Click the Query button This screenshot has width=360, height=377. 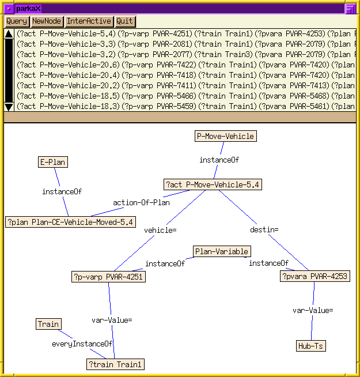17,21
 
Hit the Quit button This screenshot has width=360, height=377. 124,21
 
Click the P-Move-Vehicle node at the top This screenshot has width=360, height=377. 225,136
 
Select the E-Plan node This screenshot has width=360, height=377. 53,162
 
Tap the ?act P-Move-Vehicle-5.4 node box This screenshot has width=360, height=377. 213,184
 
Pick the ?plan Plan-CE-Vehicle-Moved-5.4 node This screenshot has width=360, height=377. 71,221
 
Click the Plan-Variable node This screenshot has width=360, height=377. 222,251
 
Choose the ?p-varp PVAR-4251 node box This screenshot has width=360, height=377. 108,277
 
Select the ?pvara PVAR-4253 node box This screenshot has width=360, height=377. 315,277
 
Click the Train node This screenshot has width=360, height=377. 48,324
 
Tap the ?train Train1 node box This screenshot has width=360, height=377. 115,364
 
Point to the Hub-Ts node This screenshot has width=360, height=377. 311,346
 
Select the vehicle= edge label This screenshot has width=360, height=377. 160,230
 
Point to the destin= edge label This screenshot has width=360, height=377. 264,229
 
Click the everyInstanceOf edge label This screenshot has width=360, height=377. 83,344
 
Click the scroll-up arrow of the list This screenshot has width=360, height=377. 9,34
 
